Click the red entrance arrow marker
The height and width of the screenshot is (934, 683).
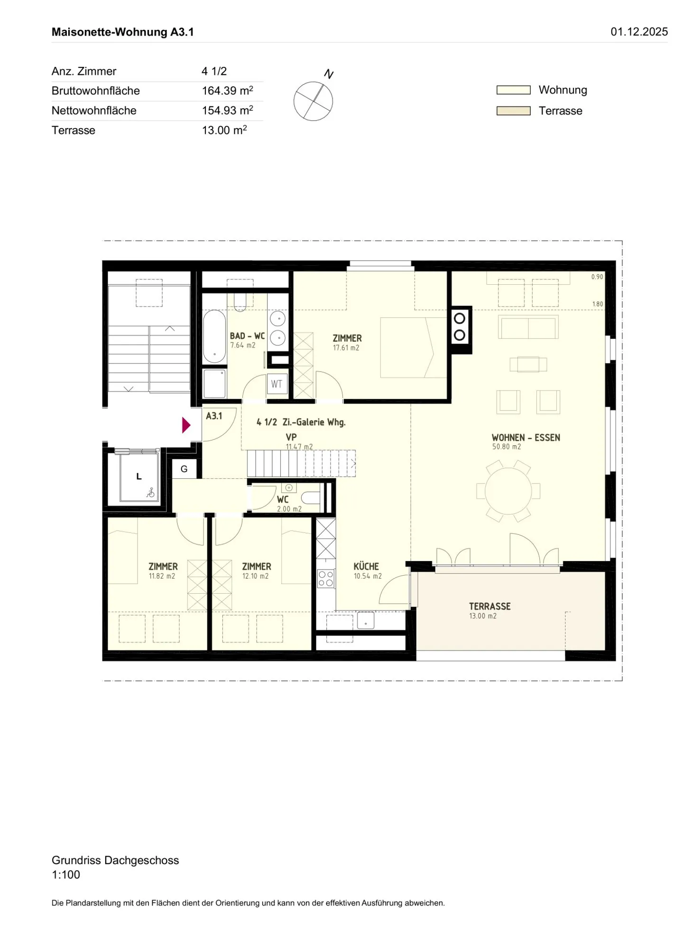186,425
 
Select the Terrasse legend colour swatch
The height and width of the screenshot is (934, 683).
513,111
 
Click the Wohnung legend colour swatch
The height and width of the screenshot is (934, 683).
513,90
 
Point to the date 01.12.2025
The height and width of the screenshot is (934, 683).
638,32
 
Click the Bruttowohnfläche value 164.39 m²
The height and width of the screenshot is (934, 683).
227,91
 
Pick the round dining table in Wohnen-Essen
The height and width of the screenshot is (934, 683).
508,491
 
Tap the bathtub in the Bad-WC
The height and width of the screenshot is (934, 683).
214,336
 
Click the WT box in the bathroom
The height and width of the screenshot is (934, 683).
277,384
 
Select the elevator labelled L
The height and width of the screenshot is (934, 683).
139,476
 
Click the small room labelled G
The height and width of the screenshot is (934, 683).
184,469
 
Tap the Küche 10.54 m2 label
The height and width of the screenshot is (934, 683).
367,570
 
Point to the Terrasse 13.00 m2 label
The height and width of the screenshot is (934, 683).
489,610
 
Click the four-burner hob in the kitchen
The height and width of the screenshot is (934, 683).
326,579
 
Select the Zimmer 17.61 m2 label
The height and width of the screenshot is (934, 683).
347,342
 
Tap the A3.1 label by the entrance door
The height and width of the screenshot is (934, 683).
214,416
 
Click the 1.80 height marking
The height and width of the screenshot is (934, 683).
597,304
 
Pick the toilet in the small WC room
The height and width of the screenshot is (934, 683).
311,497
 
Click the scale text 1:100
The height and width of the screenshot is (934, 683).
66,874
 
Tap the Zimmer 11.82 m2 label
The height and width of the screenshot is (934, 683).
163,570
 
